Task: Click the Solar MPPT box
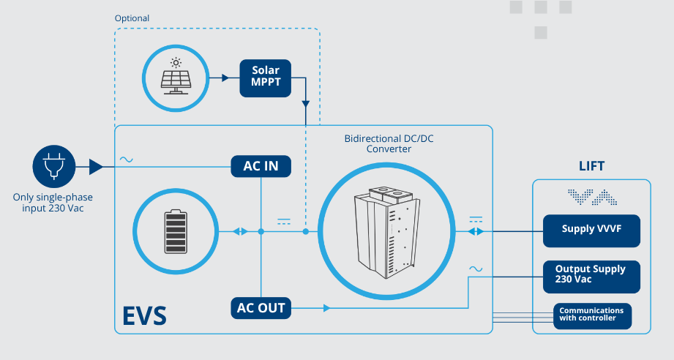tap(265, 78)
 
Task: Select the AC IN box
tap(261, 166)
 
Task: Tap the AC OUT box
tap(261, 308)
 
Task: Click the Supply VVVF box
tap(591, 231)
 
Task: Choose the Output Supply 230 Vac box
tap(591, 277)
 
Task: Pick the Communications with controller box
tap(592, 316)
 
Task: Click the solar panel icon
tap(176, 76)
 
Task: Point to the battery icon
tap(176, 231)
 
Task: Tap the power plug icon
tap(54, 166)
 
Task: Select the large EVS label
tap(144, 316)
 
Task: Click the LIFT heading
tap(591, 166)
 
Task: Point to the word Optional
tap(132, 18)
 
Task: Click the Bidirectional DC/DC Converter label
tap(389, 144)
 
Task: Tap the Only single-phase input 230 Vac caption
tap(53, 203)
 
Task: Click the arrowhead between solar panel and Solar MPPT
tap(225, 78)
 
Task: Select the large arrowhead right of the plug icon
tap(96, 167)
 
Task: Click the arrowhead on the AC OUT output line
tap(326, 308)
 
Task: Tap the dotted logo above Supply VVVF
tap(592, 197)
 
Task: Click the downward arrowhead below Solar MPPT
tap(306, 104)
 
